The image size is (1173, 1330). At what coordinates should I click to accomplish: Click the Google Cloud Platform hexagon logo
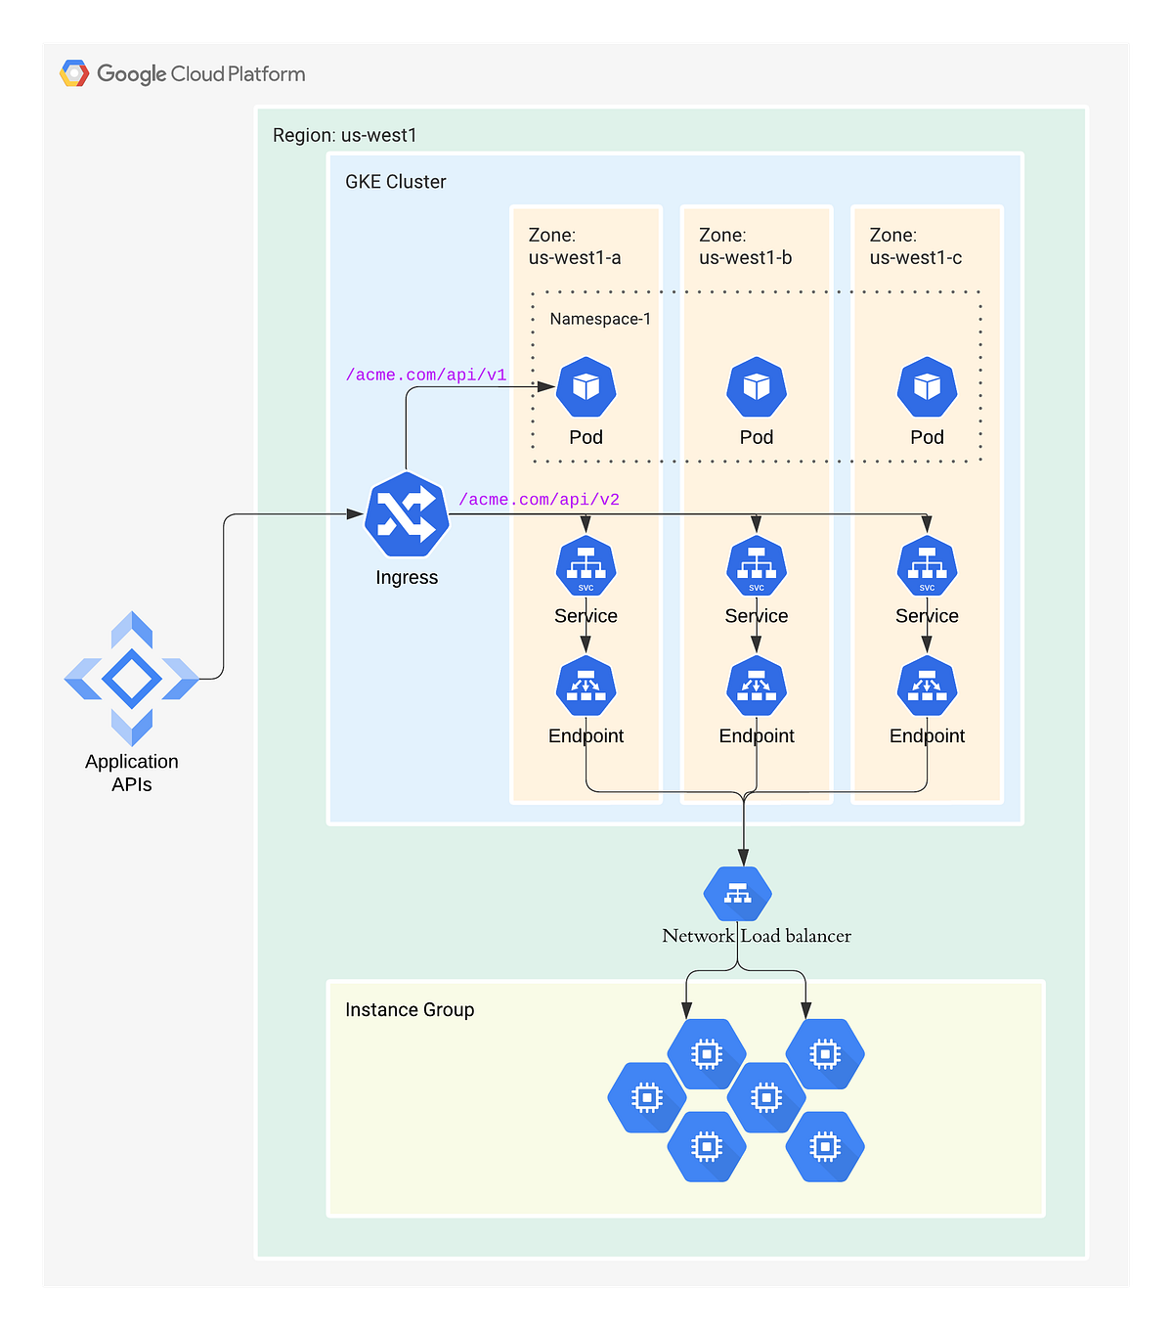(x=74, y=73)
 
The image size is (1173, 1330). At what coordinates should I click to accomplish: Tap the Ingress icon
(x=407, y=514)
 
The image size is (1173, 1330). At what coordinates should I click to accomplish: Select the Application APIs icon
(x=132, y=679)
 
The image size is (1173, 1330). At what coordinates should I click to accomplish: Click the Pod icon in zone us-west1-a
(x=586, y=387)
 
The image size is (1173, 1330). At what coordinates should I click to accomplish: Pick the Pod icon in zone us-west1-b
(x=757, y=387)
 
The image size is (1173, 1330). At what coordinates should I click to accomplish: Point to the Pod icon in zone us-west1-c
(x=927, y=387)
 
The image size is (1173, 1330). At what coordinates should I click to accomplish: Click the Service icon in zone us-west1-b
(x=757, y=566)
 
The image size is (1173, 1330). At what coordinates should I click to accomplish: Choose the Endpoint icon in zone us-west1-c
(x=927, y=687)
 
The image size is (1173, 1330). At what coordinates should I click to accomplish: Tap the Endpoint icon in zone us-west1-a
(x=586, y=687)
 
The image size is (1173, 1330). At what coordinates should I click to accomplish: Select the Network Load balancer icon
(x=738, y=893)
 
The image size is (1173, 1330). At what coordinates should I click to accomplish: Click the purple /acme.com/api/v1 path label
(x=426, y=375)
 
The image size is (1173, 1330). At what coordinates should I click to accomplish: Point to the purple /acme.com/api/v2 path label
(x=539, y=499)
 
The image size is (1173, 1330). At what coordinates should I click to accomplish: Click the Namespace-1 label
(x=600, y=319)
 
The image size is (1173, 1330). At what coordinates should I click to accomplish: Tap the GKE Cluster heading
(x=395, y=182)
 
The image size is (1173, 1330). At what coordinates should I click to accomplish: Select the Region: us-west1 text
(x=344, y=135)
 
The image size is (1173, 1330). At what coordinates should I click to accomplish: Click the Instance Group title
(x=410, y=1009)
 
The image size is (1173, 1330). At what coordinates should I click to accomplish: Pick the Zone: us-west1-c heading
(x=915, y=246)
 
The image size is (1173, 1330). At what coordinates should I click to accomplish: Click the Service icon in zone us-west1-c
(x=927, y=566)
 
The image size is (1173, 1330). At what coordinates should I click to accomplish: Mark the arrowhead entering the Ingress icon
(x=356, y=514)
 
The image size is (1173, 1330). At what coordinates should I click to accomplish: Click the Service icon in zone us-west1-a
(x=586, y=566)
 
